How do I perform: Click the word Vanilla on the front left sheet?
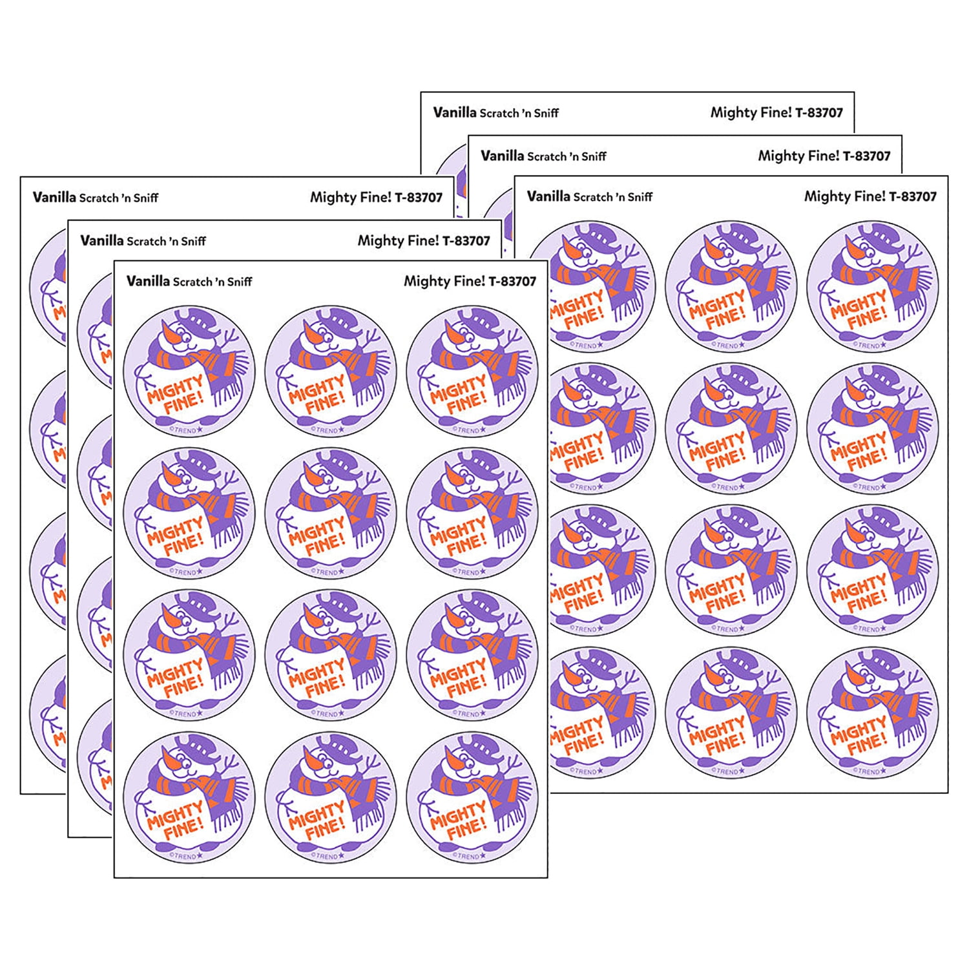click(148, 281)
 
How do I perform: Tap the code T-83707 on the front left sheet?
click(512, 282)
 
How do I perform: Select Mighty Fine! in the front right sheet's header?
click(844, 196)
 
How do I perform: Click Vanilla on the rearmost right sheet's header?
click(455, 112)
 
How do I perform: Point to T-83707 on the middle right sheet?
click(866, 156)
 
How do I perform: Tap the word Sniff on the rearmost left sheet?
click(146, 198)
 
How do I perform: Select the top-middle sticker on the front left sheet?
click(330, 371)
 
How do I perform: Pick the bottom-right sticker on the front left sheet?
click(472, 797)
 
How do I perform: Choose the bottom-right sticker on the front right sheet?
click(872, 712)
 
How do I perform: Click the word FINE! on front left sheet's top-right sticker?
click(466, 404)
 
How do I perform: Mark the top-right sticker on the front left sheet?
click(472, 371)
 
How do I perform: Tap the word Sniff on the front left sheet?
click(240, 282)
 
